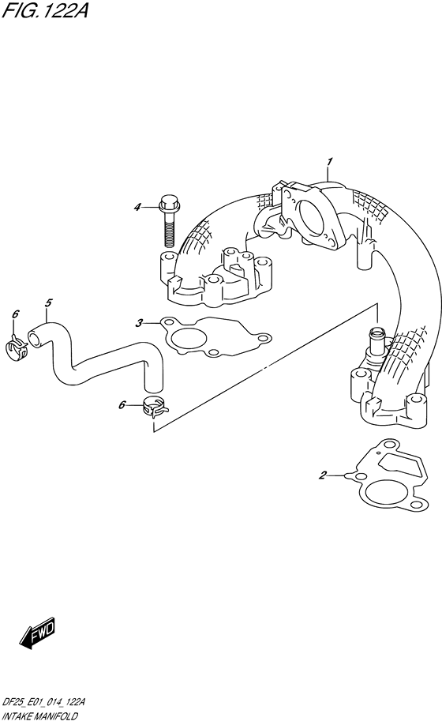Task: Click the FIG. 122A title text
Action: point(45,10)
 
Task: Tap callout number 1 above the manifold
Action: point(330,162)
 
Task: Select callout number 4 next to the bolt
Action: point(137,208)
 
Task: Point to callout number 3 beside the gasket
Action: point(139,323)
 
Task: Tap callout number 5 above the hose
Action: point(48,302)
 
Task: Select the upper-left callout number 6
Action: point(15,314)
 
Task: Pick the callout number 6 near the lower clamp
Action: point(122,405)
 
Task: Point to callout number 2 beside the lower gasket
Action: point(323,475)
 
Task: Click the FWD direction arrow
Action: point(37,632)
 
